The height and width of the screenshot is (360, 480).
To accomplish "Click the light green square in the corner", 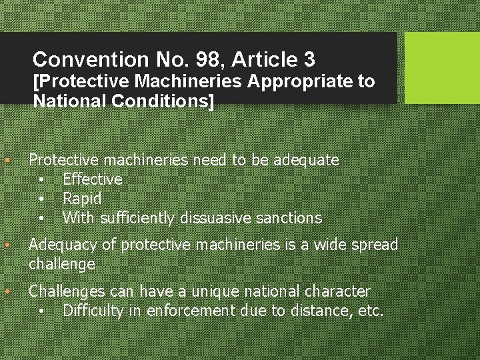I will tap(442, 68).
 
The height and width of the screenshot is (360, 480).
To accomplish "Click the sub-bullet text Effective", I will tap(93, 179).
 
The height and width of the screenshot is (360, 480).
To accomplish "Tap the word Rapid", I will tap(82, 199).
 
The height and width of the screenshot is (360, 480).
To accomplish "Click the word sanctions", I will tap(292, 218).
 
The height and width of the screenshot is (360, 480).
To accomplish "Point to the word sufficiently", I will tap(136, 218).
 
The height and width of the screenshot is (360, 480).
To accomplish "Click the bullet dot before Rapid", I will tap(41, 199).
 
